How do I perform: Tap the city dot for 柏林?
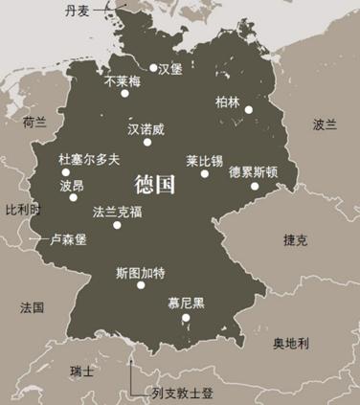pos(249,110)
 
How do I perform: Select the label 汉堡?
pos(169,68)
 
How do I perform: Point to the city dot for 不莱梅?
pos(124,93)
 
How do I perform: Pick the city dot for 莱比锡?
pos(204,174)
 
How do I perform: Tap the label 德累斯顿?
pos(254,172)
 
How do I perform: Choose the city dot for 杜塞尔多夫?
pos(66,173)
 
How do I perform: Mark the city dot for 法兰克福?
pos(116,224)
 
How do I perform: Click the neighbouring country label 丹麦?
pos(80,11)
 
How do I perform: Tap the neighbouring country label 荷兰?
pos(34,123)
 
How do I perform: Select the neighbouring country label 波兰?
pos(325,124)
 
